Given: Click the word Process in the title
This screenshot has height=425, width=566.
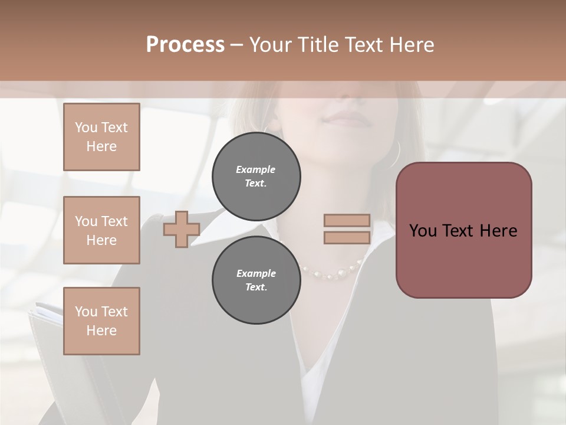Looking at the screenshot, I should pyautogui.click(x=185, y=45).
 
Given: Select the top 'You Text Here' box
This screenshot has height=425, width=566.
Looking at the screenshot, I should pyautogui.click(x=101, y=137).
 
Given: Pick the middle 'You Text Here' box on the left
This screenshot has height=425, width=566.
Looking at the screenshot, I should pyautogui.click(x=101, y=230).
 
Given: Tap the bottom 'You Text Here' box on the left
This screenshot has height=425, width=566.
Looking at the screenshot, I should pyautogui.click(x=101, y=321).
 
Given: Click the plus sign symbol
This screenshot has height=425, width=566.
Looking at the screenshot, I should pyautogui.click(x=181, y=230).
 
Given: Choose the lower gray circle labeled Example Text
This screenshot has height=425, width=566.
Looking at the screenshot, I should pyautogui.click(x=256, y=280).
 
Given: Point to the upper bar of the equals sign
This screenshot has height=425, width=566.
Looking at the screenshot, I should pyautogui.click(x=347, y=221).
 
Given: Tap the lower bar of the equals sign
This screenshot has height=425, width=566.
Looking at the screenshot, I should pyautogui.click(x=347, y=237).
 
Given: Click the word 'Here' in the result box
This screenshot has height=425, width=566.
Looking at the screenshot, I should pyautogui.click(x=498, y=231).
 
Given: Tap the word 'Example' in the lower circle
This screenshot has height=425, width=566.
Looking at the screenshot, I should pyautogui.click(x=256, y=273).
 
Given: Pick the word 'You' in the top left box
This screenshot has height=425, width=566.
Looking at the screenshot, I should pyautogui.click(x=86, y=127).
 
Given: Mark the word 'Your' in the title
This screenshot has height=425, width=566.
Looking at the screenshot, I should pyautogui.click(x=271, y=45).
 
